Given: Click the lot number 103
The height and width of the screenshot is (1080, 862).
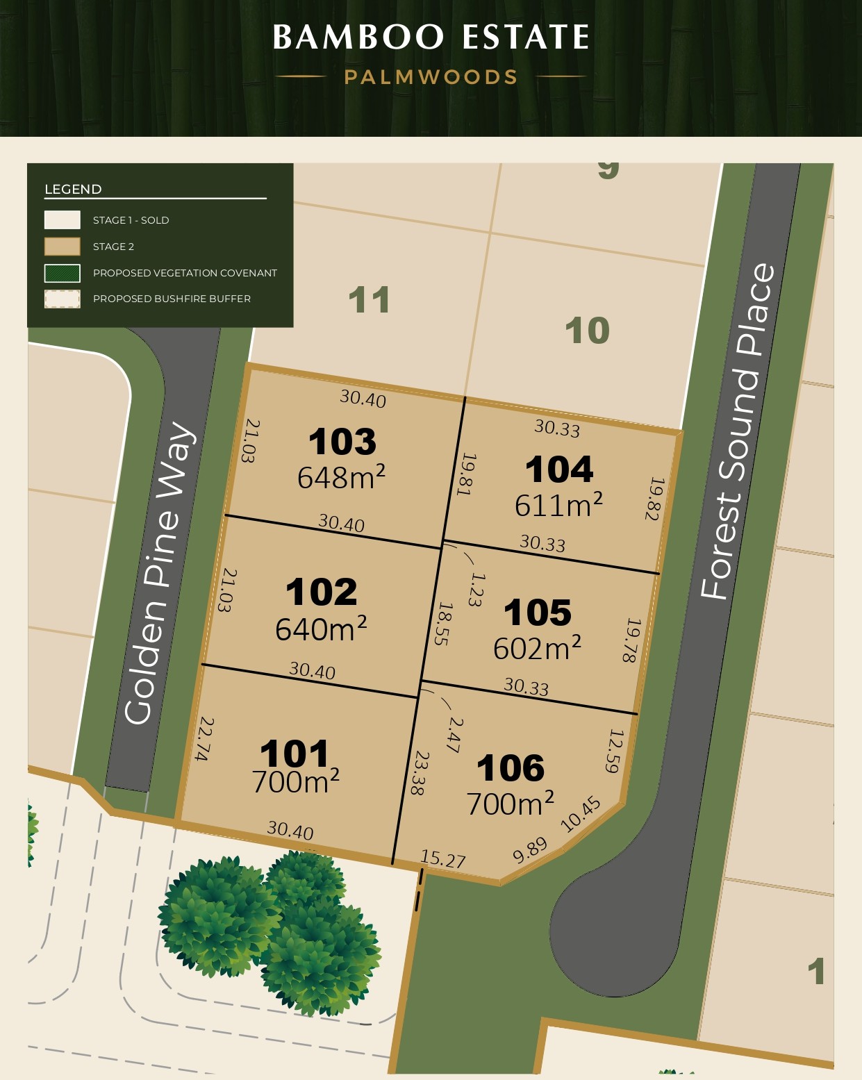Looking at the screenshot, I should pos(342,442).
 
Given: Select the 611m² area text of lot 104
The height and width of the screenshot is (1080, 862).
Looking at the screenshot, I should pos(558,505).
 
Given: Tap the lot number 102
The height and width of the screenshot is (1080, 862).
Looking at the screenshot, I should pos(321,592).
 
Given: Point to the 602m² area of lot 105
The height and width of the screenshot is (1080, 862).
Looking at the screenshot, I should pos(537,648).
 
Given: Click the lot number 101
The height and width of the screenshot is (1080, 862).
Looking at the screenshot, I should pos(295,754).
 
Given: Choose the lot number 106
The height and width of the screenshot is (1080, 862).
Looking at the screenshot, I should pos(511,768).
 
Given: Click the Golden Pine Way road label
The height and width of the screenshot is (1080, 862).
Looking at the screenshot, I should pos(160,573).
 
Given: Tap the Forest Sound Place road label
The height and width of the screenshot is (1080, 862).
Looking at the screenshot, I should pos(737,431).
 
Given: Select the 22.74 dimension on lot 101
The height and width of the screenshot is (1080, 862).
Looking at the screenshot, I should pos(204,738).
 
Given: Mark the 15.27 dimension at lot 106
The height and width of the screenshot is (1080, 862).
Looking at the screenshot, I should pos(443,859).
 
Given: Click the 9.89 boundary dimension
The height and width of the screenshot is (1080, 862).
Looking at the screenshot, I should pos(530,850).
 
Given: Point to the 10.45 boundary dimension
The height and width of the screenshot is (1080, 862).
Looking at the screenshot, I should pos(580,814).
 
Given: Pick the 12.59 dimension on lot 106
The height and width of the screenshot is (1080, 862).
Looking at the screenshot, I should pos(613,751).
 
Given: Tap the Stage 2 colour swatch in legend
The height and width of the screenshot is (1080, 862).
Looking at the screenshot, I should pos(63,247).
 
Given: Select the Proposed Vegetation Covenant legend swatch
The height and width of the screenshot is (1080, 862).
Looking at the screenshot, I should pos(63,273).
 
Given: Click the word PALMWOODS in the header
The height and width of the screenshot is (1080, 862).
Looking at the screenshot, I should pos(431,77).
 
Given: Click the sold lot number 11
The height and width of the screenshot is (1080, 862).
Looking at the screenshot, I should pos(369,301).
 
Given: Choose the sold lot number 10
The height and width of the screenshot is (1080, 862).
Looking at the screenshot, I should pos(587,331).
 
